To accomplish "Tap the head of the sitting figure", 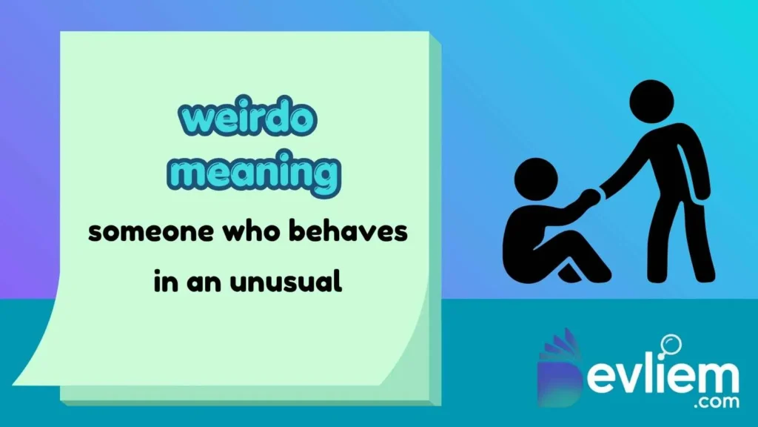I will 535,180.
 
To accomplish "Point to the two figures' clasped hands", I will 590,196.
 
